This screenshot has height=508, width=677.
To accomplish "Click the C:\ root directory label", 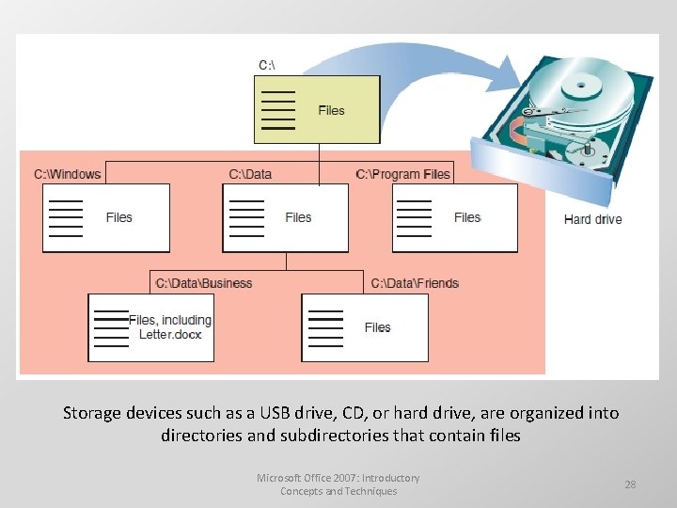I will [267, 65].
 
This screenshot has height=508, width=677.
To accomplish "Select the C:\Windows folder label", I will [67, 174].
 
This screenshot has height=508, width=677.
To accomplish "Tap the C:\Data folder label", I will [250, 174].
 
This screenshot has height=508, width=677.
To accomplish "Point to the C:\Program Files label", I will [403, 174].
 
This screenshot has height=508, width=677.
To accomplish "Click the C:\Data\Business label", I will [204, 283].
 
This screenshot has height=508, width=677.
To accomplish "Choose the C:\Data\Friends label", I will [415, 283].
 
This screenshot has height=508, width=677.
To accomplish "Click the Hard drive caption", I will [592, 219].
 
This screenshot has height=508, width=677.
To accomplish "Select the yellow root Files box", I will [317, 109].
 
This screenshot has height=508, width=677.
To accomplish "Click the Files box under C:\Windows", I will [106, 217].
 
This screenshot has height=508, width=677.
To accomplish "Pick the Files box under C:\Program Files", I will [454, 217].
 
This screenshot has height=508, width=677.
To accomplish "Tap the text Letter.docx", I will [170, 335].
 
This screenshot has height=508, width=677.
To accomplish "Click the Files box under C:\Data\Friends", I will [364, 327].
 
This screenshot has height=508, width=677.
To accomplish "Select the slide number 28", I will [630, 484].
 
